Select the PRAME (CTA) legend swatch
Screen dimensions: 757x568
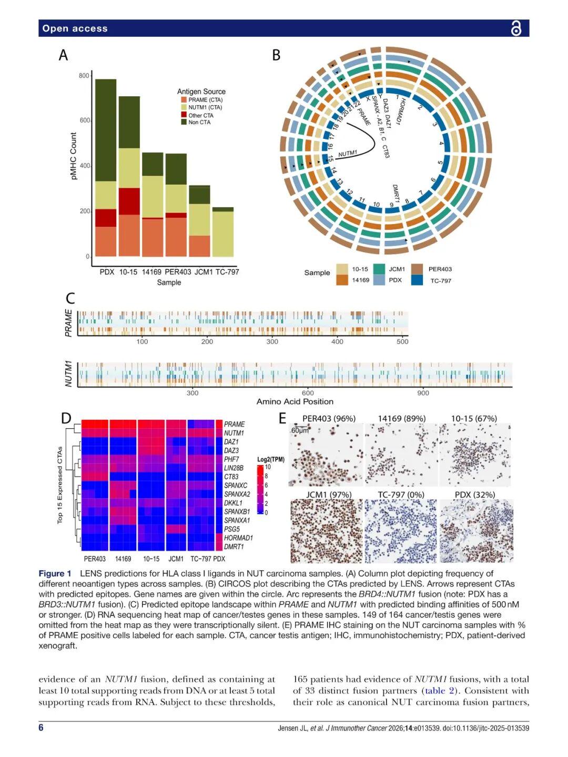(184, 100)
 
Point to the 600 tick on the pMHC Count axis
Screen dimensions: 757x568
(84, 120)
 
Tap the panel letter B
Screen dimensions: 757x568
(276, 55)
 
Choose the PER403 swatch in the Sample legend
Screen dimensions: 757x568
(418, 269)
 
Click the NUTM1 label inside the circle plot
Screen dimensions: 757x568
(348, 154)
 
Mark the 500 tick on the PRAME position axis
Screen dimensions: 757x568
(402, 341)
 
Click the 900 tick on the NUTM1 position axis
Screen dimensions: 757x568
(423, 392)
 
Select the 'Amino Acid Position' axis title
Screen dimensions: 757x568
(295, 401)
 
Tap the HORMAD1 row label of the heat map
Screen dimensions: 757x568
(238, 538)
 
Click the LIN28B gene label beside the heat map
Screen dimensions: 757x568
(234, 468)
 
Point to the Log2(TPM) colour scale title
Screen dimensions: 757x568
(270, 459)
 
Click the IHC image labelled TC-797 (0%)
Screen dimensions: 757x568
(401, 531)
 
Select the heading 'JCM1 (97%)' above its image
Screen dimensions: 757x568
(329, 494)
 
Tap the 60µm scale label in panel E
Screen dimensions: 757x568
(300, 430)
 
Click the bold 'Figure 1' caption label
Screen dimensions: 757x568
(55, 573)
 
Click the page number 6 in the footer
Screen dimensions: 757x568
(41, 728)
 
